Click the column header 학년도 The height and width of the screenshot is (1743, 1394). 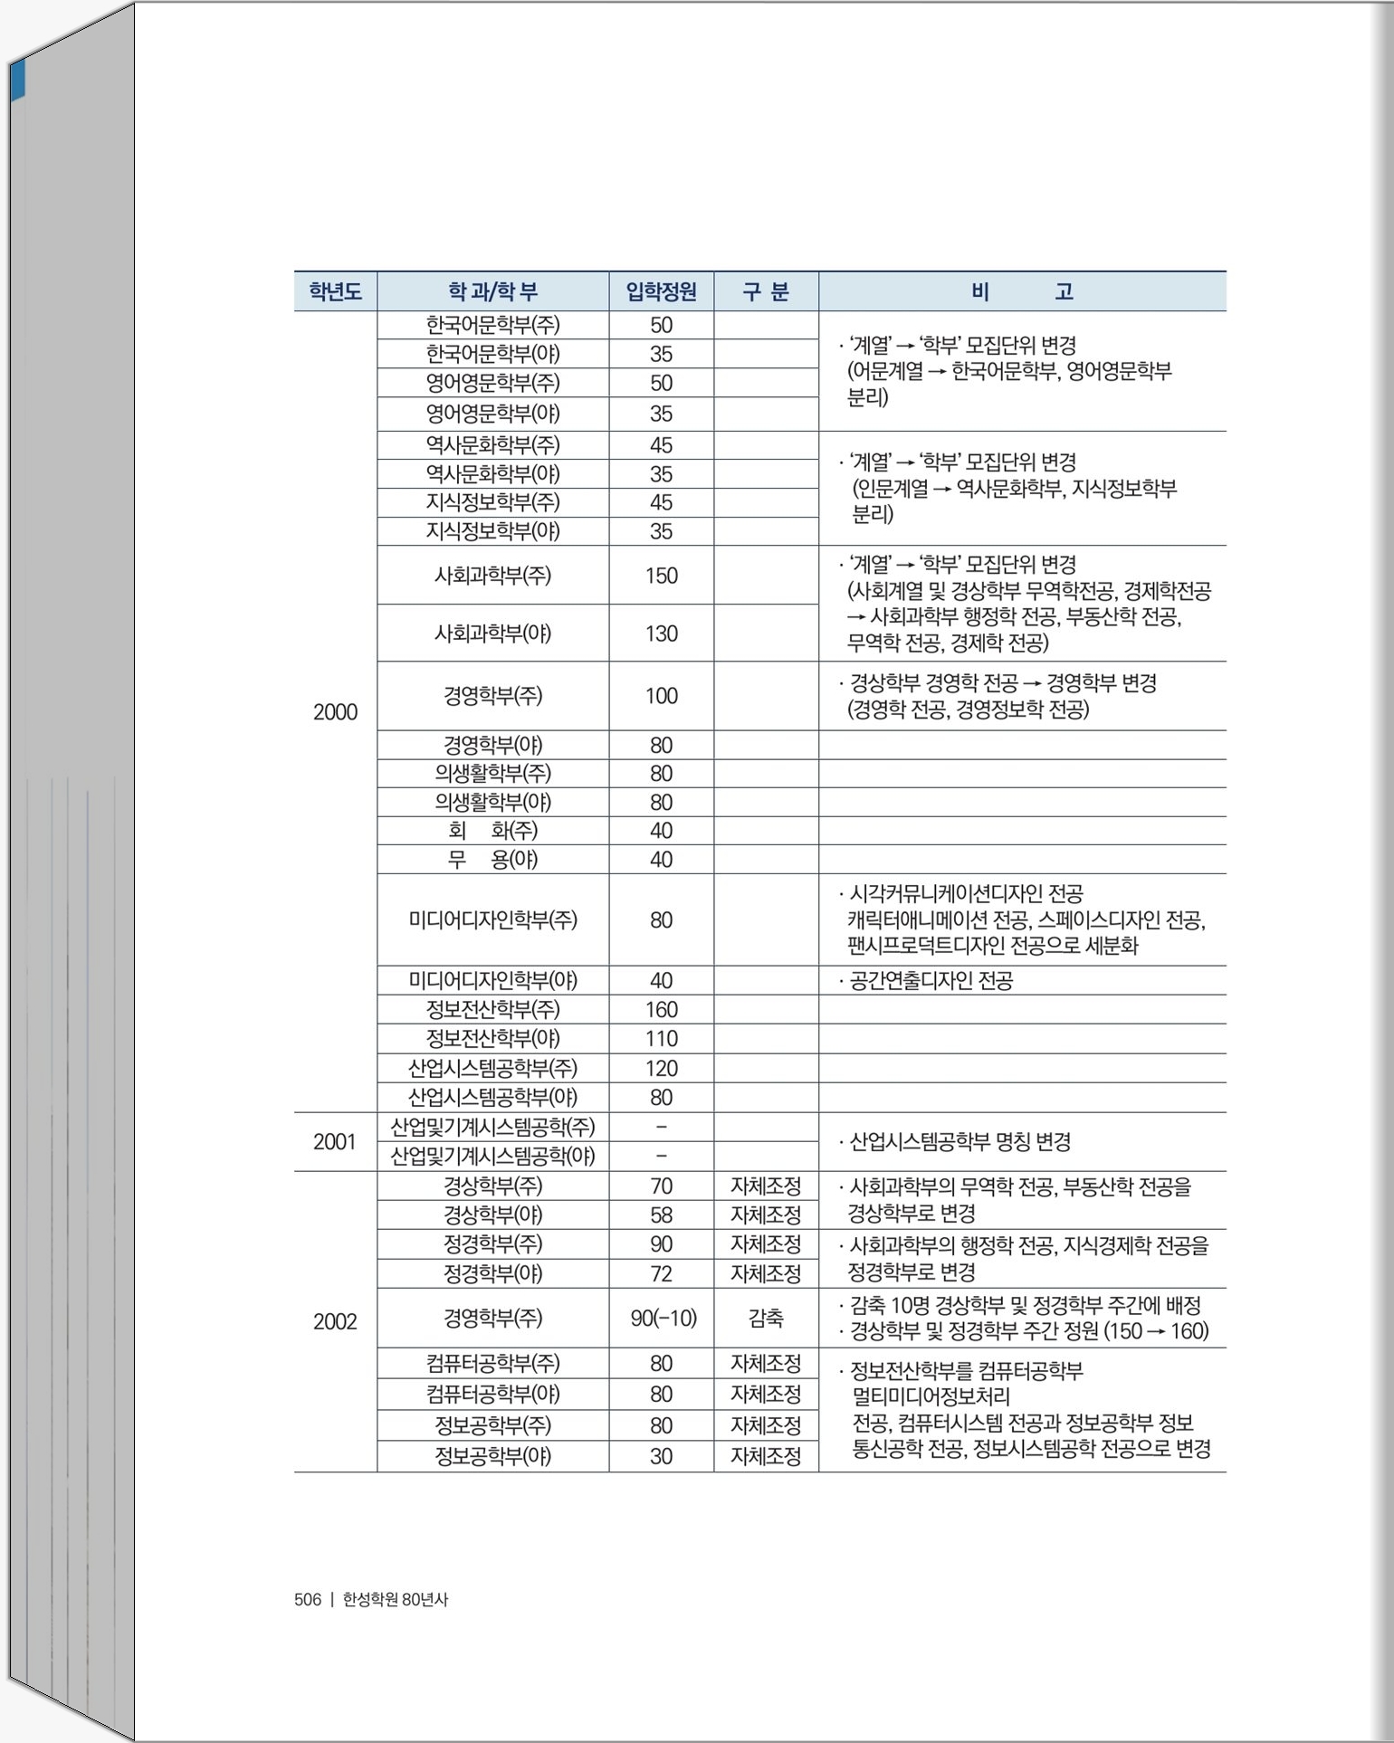(335, 291)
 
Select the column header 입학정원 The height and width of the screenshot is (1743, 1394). (661, 291)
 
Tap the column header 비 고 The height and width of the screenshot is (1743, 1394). (1022, 291)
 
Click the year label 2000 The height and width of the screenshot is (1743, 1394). (335, 712)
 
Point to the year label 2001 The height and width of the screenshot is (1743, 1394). (335, 1142)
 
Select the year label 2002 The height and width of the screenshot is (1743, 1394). (335, 1321)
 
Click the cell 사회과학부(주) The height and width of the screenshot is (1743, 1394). (492, 576)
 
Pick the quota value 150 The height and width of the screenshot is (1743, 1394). (661, 576)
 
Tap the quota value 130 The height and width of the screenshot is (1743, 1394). (661, 633)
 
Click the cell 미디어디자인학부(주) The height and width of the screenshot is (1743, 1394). (492, 920)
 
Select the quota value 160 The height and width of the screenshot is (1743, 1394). (661, 1009)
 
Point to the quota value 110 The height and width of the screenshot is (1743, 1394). (661, 1038)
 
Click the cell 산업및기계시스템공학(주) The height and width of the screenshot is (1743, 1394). (492, 1127)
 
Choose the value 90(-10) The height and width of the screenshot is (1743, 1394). (663, 1318)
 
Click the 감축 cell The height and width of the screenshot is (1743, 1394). (766, 1318)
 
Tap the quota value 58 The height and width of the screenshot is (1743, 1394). (661, 1214)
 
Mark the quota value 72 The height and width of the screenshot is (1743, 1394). (661, 1273)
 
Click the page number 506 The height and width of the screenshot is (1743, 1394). (308, 1599)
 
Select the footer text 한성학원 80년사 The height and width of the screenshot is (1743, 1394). (395, 1599)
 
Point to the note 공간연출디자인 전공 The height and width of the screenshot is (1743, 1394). (931, 980)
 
